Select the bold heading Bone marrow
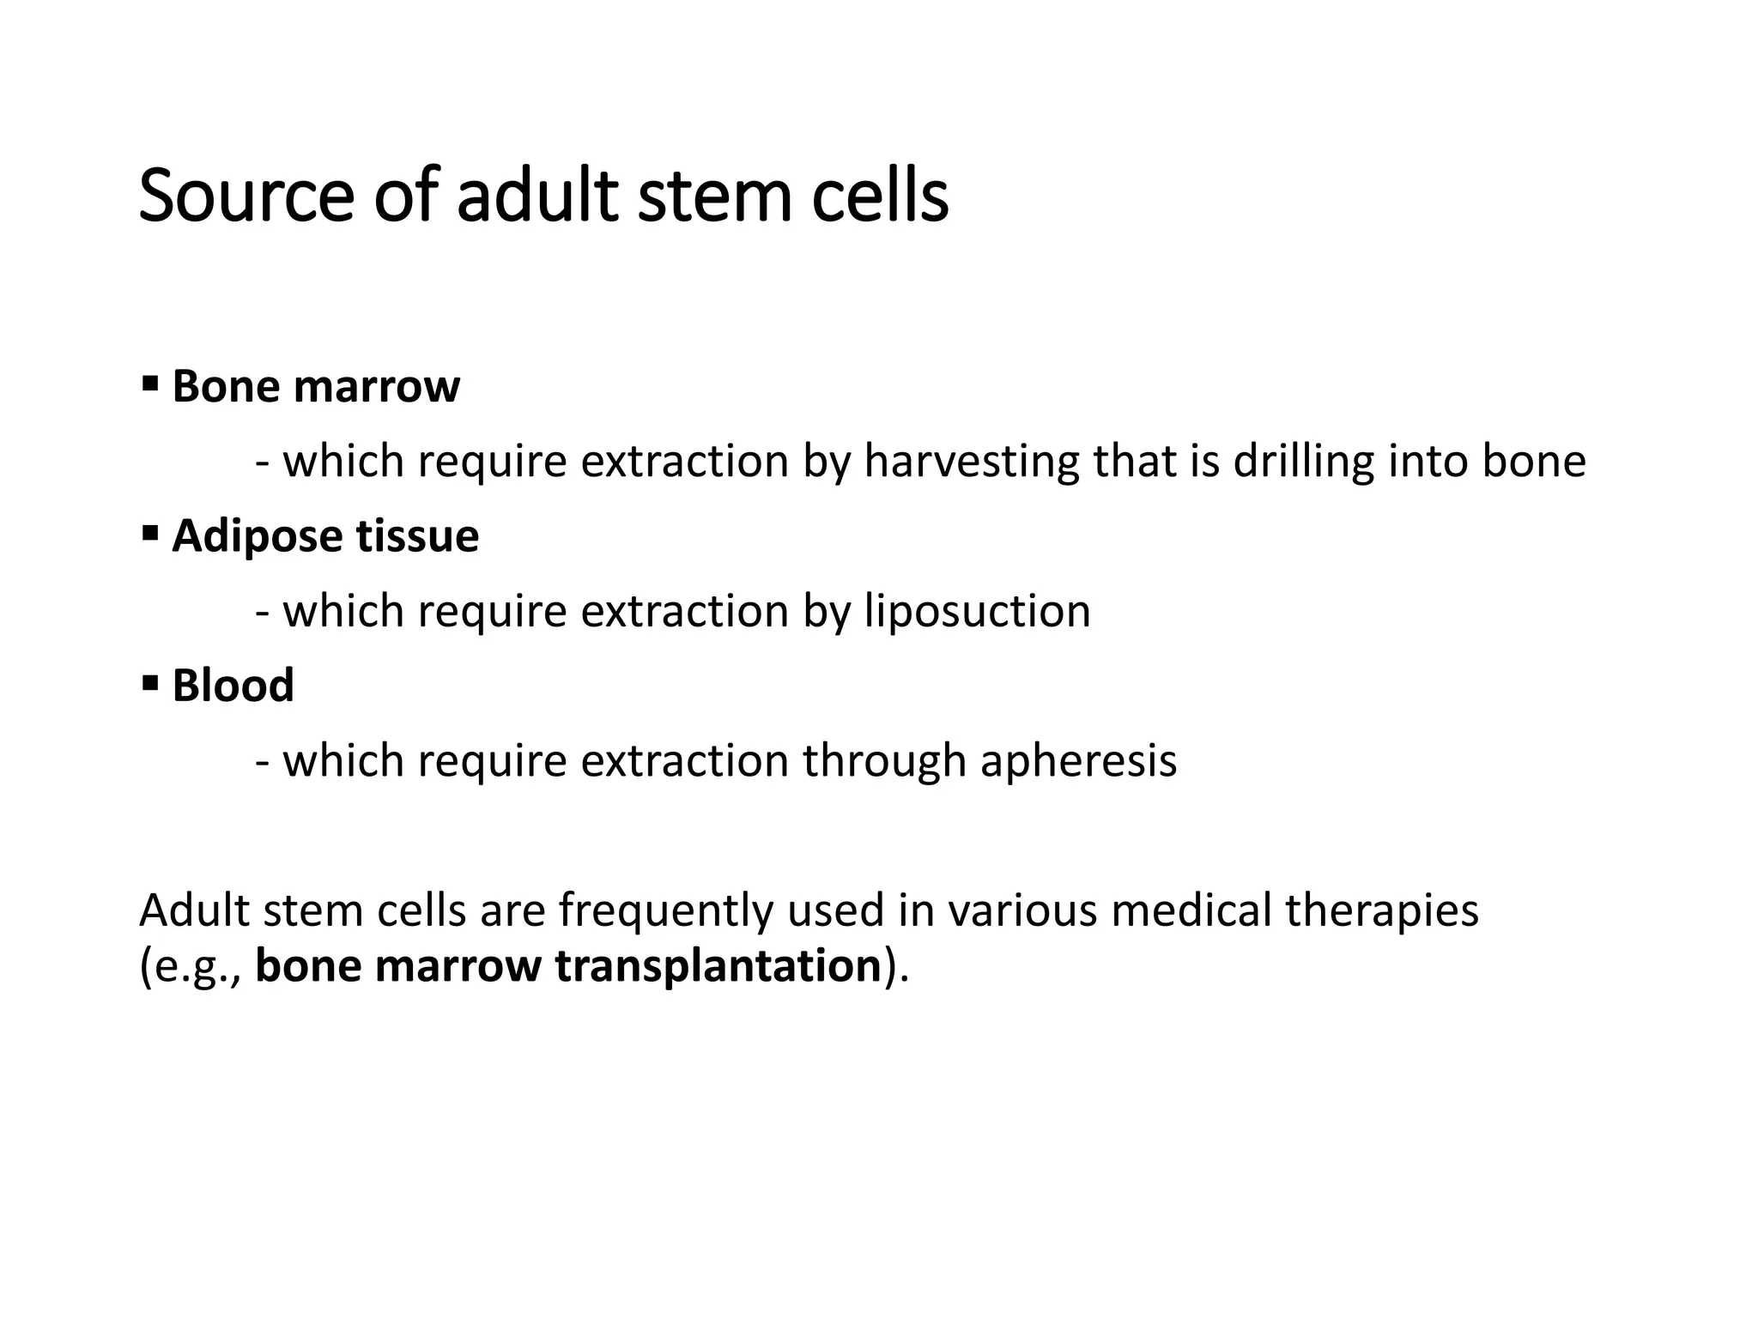click(x=316, y=386)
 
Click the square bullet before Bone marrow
click(x=150, y=380)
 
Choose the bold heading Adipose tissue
click(x=325, y=535)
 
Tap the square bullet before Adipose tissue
click(x=150, y=530)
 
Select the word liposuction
click(x=977, y=611)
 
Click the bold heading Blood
click(x=233, y=686)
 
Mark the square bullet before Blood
click(x=150, y=680)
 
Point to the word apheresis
click(x=1078, y=760)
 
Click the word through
click(x=885, y=760)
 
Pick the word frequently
click(x=666, y=910)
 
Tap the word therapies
click(x=1382, y=910)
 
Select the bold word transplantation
click(x=718, y=965)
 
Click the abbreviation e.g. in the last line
click(x=193, y=967)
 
